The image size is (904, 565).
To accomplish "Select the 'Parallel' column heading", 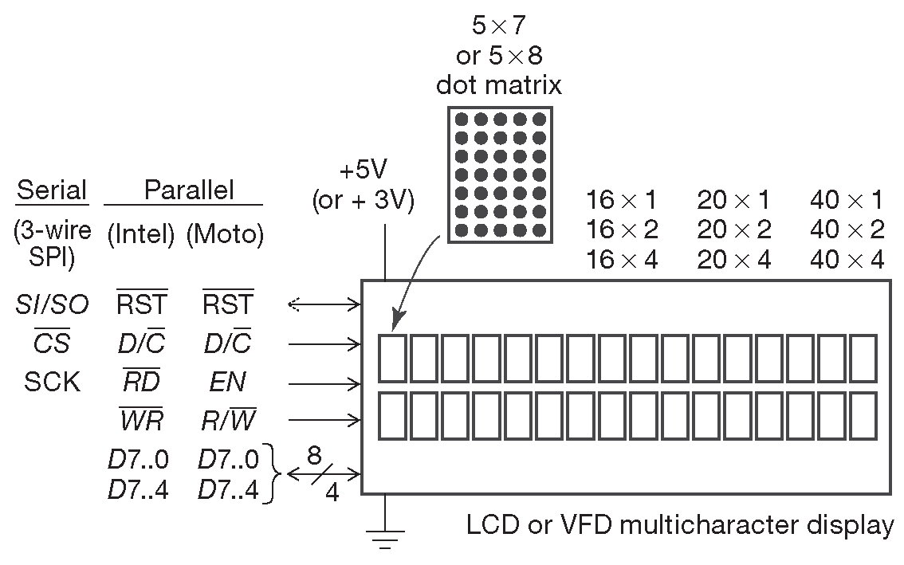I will tap(189, 190).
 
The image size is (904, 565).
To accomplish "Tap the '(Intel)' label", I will tap(140, 235).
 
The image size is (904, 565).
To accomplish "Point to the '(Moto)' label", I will tap(225, 235).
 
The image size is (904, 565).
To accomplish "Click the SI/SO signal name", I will tap(53, 304).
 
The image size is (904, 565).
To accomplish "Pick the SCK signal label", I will tap(53, 382).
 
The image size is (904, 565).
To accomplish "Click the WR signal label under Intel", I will tap(141, 420).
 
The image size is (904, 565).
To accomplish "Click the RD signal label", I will tap(141, 382).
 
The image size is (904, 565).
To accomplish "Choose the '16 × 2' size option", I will tap(622, 230).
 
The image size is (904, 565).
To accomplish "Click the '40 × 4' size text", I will tap(847, 260).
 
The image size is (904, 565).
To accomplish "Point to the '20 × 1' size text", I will tap(734, 199).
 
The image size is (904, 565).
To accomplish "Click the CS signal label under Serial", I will tap(52, 343).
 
